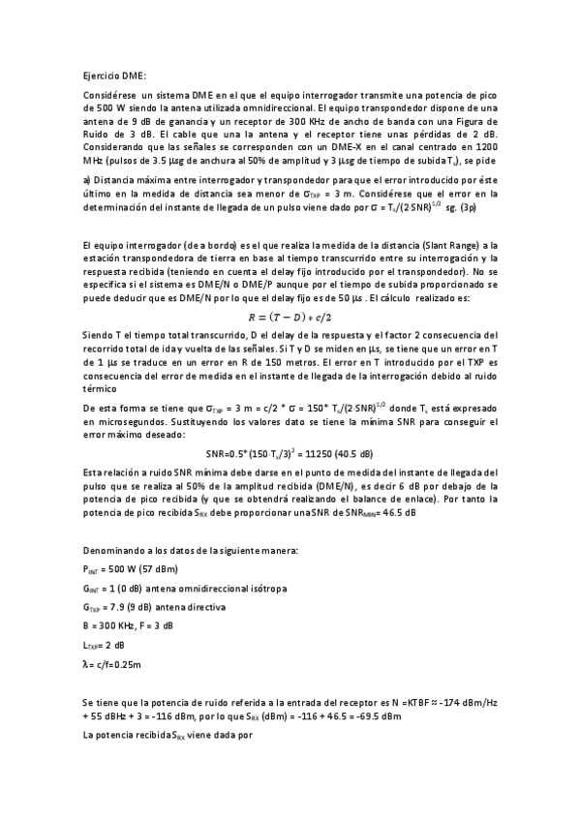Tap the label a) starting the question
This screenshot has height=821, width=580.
tap(87, 180)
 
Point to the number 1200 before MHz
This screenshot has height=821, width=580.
tap(484, 146)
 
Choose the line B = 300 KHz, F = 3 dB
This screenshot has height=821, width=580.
tap(130, 626)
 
